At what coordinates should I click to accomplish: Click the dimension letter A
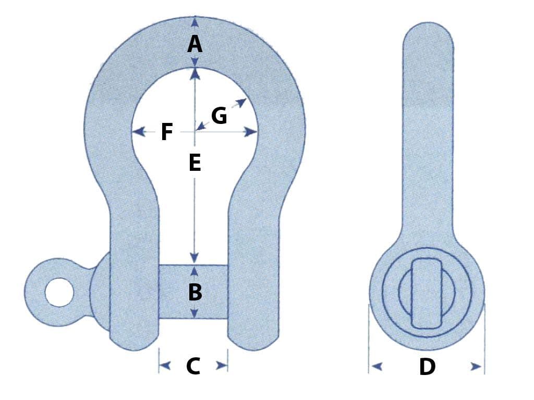[195, 44]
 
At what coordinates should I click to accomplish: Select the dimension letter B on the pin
[195, 293]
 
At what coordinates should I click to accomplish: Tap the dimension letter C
[193, 366]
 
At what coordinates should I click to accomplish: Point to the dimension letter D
[427, 367]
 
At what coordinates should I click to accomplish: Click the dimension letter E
[195, 164]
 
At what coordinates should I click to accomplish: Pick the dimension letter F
[166, 132]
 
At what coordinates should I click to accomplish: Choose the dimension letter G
[219, 116]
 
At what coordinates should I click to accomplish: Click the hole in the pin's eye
[58, 292]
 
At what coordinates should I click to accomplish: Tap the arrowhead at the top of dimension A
[195, 21]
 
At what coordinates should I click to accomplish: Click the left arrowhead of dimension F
[138, 132]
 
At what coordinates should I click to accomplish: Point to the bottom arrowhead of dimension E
[195, 258]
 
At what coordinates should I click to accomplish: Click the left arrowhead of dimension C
[165, 366]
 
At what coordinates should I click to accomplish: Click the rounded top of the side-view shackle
[428, 31]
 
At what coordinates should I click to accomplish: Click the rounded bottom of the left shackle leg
[134, 344]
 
